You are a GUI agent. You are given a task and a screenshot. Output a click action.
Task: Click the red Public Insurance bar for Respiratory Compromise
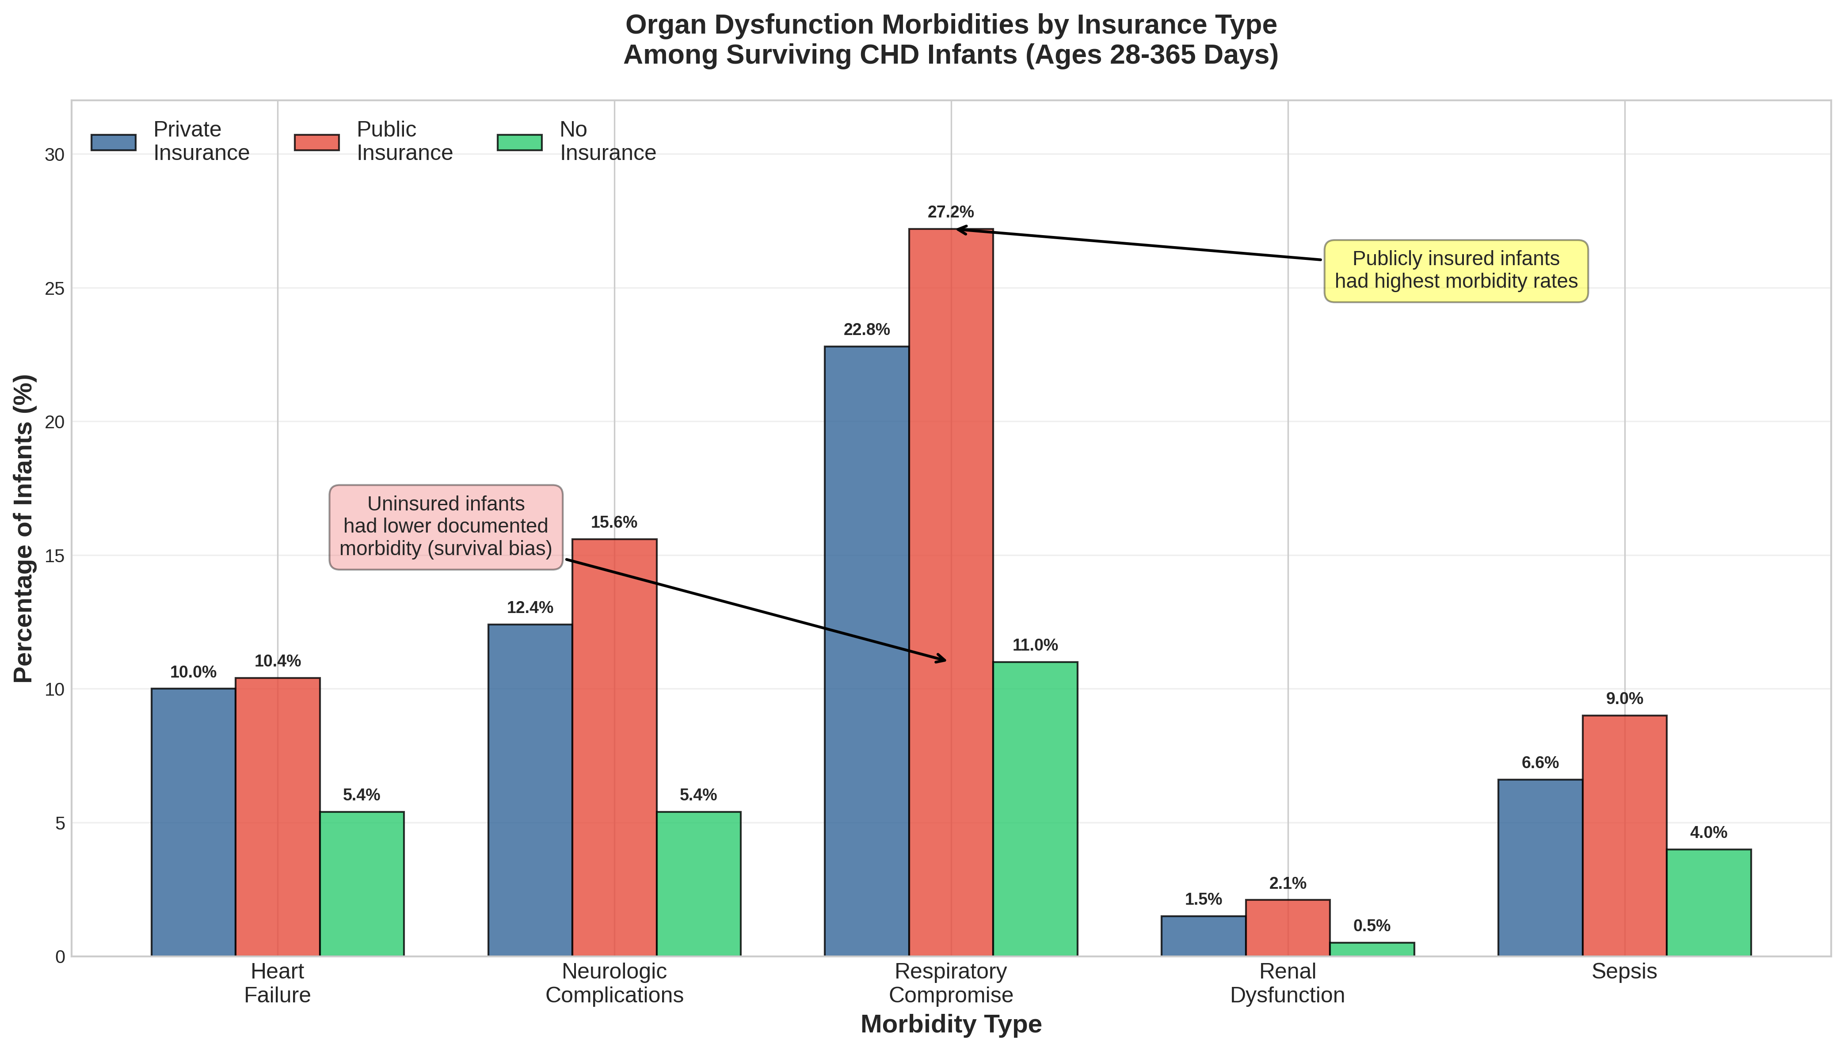pos(950,592)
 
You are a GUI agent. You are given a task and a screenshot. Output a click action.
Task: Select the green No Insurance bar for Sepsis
pos(1708,902)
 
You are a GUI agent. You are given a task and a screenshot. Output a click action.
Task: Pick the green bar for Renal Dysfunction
pos(1371,949)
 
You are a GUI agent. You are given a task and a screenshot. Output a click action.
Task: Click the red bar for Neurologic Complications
pos(614,747)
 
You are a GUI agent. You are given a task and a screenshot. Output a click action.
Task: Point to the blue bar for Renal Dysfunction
pos(1203,936)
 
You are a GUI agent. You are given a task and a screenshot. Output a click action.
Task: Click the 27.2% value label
pos(950,212)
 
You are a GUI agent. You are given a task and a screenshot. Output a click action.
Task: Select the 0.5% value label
pos(1371,926)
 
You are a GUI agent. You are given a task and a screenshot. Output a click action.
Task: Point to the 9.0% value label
pos(1624,699)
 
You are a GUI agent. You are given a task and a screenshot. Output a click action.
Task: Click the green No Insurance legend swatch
pos(519,142)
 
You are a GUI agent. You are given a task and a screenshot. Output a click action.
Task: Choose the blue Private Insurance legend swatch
pos(113,142)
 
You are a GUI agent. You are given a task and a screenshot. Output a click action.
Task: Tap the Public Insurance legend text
pos(404,141)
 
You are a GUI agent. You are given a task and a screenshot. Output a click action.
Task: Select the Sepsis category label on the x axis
pos(1624,971)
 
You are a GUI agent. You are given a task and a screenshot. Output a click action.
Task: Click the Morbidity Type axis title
pos(950,1024)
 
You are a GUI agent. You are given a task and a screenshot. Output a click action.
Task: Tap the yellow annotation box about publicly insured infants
pos(1456,270)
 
